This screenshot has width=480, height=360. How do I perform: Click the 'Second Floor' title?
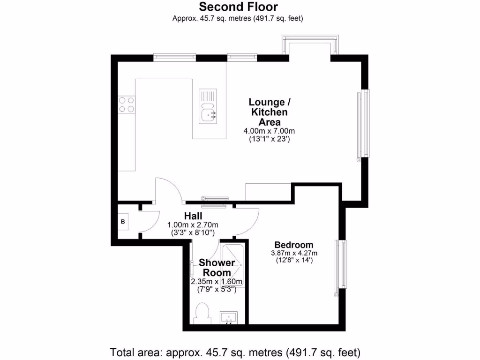click(238, 7)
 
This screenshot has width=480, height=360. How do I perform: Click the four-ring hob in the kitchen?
click(127, 104)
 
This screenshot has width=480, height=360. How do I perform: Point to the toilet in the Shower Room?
click(202, 313)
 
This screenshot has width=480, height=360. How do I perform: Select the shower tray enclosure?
click(232, 265)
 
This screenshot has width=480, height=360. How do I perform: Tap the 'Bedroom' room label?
click(294, 245)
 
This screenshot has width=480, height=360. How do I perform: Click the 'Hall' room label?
click(193, 216)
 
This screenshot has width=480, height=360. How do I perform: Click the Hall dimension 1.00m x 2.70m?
click(193, 225)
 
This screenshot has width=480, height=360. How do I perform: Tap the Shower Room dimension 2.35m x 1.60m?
click(216, 282)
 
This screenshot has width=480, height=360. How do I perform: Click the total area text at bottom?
click(235, 352)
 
